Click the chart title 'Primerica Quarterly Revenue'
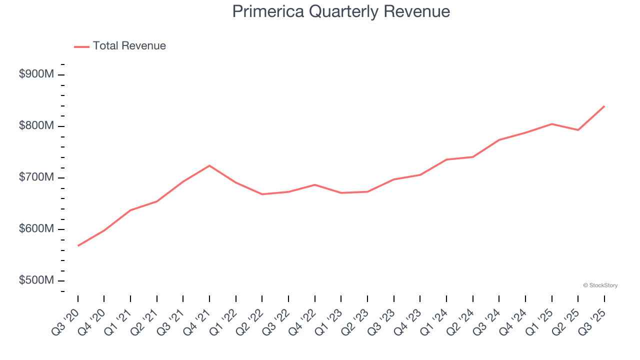(x=341, y=11)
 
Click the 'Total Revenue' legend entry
(x=129, y=46)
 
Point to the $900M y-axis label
(x=36, y=74)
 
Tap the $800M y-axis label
(x=36, y=126)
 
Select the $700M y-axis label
(x=36, y=177)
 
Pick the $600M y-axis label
(x=36, y=229)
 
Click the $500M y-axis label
(x=36, y=280)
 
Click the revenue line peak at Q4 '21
(x=209, y=165)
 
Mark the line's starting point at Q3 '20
(x=78, y=246)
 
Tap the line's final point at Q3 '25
(x=604, y=106)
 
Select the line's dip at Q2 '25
(x=578, y=130)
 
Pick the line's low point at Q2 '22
(x=262, y=194)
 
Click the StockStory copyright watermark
(x=600, y=285)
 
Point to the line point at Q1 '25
(x=551, y=124)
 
